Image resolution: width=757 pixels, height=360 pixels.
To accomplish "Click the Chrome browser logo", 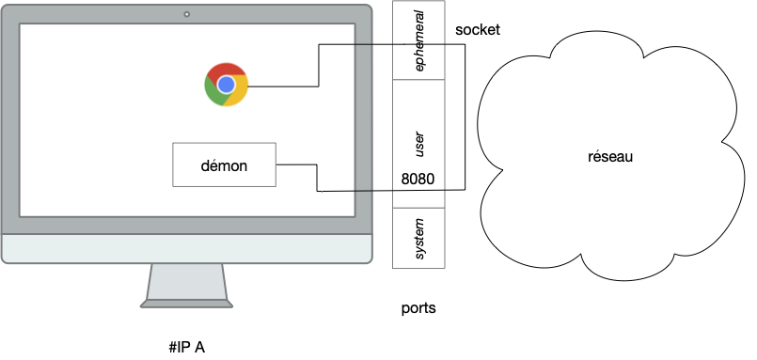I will pos(226,85).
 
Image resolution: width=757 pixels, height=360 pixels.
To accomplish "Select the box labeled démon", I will pos(224,164).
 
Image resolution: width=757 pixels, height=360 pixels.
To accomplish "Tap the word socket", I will pos(478,30).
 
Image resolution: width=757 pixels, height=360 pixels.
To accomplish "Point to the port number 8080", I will pos(418,179).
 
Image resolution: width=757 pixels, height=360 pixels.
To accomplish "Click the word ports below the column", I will pos(418,308).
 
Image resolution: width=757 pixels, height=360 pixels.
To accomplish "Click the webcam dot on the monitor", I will pos(186,14).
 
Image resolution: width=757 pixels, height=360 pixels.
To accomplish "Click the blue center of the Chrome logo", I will pos(226,85).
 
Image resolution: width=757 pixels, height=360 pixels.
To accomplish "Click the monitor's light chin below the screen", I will pos(186,249).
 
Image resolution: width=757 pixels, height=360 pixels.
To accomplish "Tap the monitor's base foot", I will pos(186,303).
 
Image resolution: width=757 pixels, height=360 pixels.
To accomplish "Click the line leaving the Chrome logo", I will pos(282,86).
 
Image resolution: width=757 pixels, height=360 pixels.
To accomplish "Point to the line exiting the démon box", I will pos(296,165).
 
